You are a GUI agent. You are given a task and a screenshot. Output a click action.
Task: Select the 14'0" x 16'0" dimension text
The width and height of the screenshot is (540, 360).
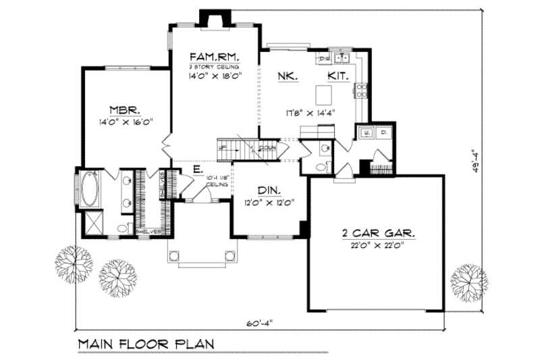[x=126, y=122]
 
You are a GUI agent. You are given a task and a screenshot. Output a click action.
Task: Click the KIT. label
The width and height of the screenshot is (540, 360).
[x=338, y=77]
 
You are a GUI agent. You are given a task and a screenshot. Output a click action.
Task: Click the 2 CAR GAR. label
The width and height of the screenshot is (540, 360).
[x=378, y=233]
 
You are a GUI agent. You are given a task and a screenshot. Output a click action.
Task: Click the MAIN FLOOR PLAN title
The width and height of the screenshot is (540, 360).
[x=146, y=342]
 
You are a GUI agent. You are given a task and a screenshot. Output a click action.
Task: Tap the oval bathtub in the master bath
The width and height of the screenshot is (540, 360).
[x=88, y=190]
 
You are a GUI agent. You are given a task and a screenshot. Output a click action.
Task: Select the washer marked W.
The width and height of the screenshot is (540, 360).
[x=365, y=132]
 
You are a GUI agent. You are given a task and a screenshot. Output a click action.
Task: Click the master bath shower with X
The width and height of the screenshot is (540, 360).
[x=90, y=226]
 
